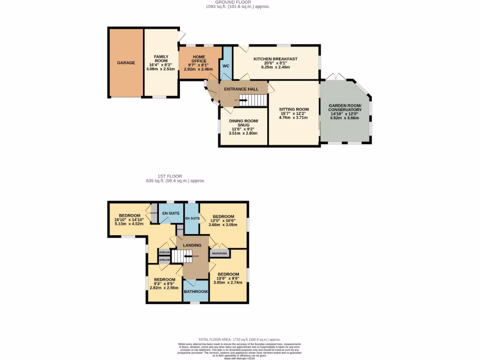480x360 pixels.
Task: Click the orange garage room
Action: pos(126,62)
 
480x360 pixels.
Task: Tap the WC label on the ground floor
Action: pos(225,66)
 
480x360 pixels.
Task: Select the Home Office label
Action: pos(199,59)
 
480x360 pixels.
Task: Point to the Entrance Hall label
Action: pos(241,89)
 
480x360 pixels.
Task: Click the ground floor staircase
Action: pos(252,100)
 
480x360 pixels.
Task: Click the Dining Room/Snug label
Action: pos(243,123)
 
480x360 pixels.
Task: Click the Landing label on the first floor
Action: pos(192,245)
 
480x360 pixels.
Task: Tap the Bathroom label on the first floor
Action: pos(195,292)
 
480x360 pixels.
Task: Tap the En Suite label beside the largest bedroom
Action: pos(171,213)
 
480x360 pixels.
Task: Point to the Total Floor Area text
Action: pos(239,339)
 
